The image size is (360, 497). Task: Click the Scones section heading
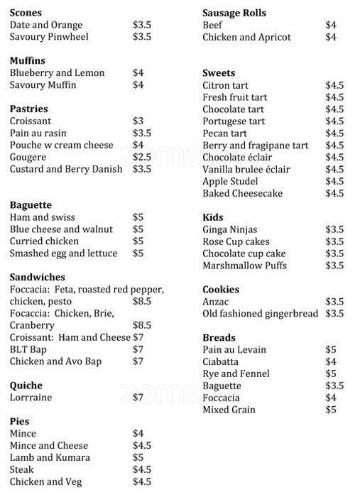(x=26, y=13)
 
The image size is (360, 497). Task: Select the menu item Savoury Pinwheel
(x=49, y=37)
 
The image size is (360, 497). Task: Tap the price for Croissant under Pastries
(x=138, y=121)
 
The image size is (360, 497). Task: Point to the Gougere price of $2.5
(x=142, y=157)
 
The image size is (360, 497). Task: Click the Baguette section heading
(x=31, y=205)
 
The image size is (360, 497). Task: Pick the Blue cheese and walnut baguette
(x=61, y=229)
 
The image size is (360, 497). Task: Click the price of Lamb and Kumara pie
(x=138, y=458)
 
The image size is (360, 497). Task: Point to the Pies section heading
(x=20, y=421)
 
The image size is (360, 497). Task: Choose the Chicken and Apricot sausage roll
(x=246, y=37)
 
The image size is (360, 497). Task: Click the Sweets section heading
(x=219, y=73)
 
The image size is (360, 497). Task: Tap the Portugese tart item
(x=234, y=121)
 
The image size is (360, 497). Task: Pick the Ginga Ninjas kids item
(x=230, y=229)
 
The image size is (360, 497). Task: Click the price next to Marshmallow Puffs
(x=334, y=266)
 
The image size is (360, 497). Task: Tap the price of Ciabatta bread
(x=331, y=361)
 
